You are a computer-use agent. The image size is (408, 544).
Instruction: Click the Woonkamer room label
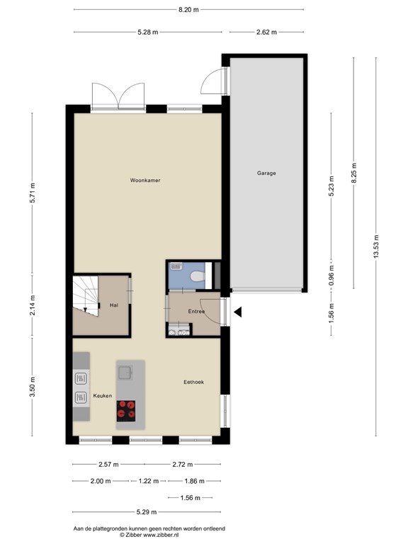pyautogui.click(x=145, y=181)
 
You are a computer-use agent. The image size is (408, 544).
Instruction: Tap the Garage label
pyautogui.click(x=266, y=173)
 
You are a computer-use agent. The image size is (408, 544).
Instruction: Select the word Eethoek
pyautogui.click(x=193, y=382)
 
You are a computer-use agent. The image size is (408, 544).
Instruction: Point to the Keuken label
pyautogui.click(x=102, y=396)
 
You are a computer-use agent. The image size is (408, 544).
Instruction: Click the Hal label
pyautogui.click(x=114, y=305)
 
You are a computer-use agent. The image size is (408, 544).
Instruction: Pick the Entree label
pyautogui.click(x=196, y=312)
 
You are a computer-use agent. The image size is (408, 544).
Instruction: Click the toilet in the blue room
pyautogui.click(x=198, y=276)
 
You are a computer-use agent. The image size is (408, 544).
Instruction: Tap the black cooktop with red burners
pyautogui.click(x=126, y=411)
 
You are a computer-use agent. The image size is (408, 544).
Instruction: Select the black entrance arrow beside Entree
pyautogui.click(x=238, y=312)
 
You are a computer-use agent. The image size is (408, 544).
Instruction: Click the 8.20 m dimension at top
pyautogui.click(x=188, y=10)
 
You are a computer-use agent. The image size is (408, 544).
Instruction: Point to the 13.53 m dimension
pyautogui.click(x=375, y=246)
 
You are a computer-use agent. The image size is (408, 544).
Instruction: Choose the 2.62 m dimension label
pyautogui.click(x=266, y=33)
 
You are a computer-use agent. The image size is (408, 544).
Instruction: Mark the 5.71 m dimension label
pyautogui.click(x=33, y=193)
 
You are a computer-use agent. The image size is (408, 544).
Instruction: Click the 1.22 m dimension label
pyautogui.click(x=149, y=481)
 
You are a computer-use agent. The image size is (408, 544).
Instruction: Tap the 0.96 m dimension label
pyautogui.click(x=331, y=274)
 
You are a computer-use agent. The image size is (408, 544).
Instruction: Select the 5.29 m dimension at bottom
pyautogui.click(x=147, y=511)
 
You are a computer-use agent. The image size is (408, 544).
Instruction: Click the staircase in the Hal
pyautogui.click(x=86, y=296)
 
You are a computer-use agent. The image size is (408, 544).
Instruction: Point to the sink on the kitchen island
pyautogui.click(x=125, y=373)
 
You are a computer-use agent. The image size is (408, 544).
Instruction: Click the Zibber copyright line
pyautogui.click(x=149, y=535)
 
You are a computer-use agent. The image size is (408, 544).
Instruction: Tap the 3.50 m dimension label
pyautogui.click(x=33, y=387)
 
